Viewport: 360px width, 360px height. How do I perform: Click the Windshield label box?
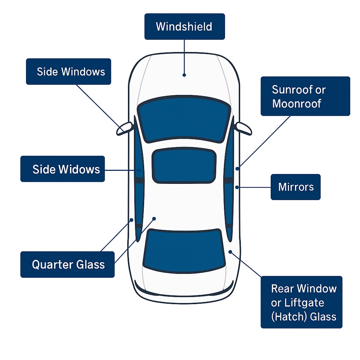point(184,26)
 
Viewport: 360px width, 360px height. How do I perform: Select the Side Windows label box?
point(69,72)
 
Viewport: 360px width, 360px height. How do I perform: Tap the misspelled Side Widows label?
point(63,169)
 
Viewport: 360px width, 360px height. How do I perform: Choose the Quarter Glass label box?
point(67,264)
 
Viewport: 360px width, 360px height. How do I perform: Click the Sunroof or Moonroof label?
point(305,96)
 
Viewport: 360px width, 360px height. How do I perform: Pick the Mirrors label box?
point(295,187)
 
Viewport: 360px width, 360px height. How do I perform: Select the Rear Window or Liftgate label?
point(301,302)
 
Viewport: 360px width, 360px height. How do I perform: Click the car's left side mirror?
point(124,128)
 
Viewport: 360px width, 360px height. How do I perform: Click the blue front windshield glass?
point(184,120)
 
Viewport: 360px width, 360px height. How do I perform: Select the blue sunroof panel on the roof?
point(184,165)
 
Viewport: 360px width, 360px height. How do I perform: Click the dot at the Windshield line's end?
point(184,75)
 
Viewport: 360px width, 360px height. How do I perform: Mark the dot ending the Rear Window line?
point(230,252)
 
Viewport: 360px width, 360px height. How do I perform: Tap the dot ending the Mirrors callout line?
point(237,187)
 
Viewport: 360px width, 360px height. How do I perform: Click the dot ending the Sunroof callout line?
point(237,169)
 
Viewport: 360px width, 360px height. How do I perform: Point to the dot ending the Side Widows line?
point(139,171)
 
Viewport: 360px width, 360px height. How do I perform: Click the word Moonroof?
point(296,103)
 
